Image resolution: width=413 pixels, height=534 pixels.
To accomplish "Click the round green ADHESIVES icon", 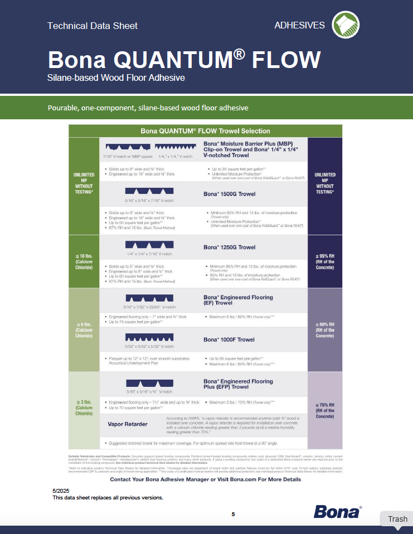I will click(346, 25).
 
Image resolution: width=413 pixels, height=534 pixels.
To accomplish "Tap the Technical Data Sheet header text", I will click(93, 26).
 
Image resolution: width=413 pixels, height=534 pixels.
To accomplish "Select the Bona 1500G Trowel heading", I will click(230, 194).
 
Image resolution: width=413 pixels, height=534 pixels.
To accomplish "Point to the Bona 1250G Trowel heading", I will click(230, 247).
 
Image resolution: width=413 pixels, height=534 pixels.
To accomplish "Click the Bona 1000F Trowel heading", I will click(229, 339).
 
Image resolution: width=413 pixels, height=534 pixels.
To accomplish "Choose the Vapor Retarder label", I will click(128, 424).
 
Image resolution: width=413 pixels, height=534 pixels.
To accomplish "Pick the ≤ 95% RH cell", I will click(325, 261).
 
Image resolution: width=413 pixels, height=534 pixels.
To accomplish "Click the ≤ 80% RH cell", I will click(325, 330).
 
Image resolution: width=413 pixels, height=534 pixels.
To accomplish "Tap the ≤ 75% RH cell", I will click(325, 410).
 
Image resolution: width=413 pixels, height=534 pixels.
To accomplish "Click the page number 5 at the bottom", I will click(234, 514).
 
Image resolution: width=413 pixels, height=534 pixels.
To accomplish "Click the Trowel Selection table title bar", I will click(205, 132).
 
